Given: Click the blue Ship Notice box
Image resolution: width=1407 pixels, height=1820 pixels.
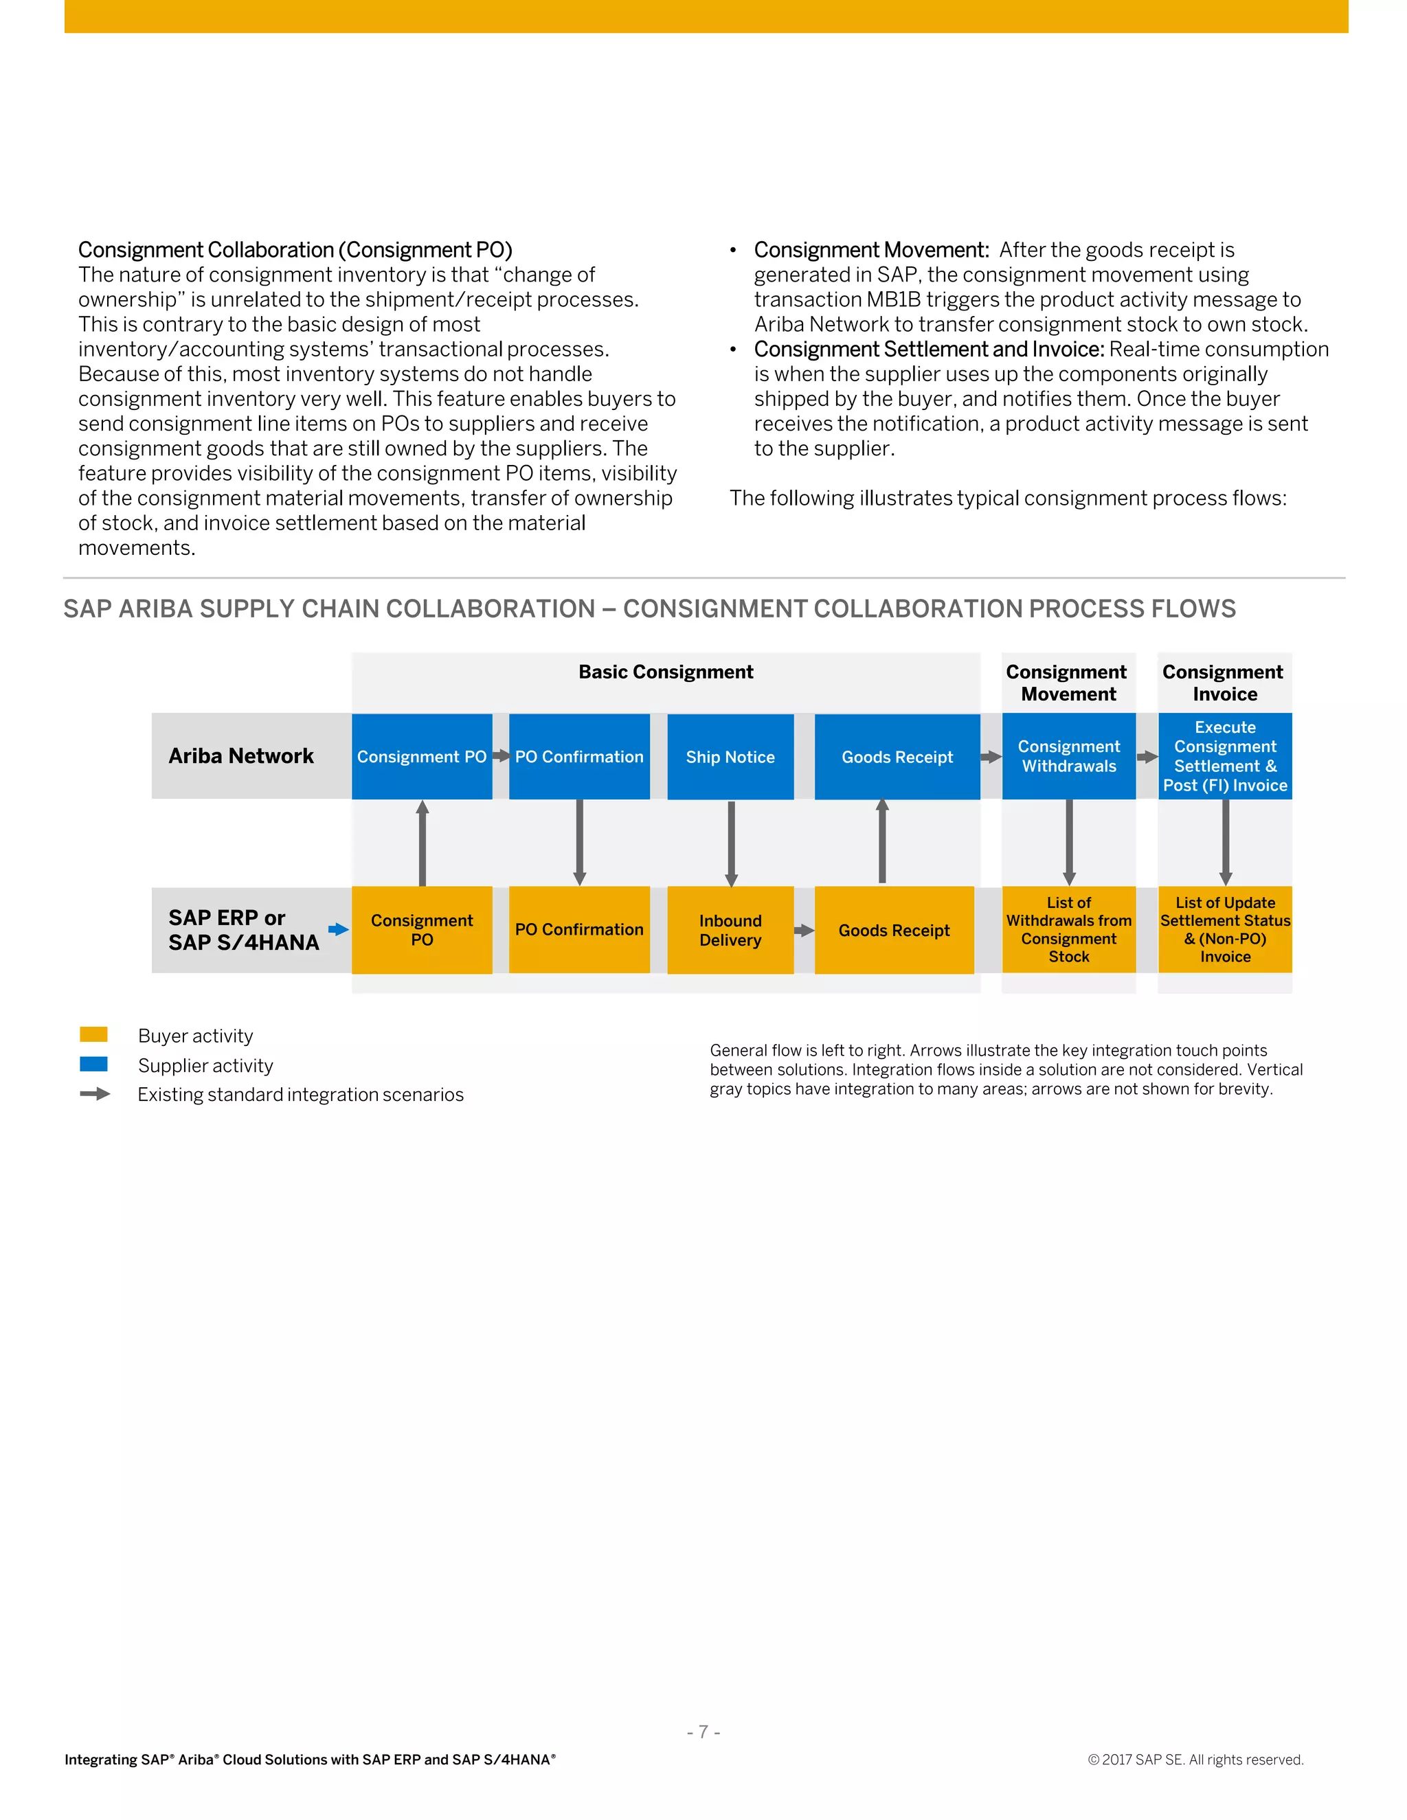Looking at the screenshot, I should coord(730,757).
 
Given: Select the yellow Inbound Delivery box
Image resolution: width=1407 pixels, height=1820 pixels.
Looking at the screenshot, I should coord(730,930).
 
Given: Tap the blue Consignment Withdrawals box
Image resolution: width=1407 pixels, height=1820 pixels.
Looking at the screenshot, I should coord(1068,756).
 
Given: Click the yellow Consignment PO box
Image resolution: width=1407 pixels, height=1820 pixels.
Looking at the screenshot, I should coord(422,930).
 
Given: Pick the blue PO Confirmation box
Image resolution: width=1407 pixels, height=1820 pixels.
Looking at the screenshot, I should coord(579,757).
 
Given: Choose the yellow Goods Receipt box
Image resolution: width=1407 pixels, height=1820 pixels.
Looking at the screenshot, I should coord(894,930).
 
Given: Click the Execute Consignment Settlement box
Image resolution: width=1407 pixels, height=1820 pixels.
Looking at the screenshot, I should coord(1224,756).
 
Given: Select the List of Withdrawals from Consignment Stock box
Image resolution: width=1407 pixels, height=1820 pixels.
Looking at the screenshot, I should coord(1068,930).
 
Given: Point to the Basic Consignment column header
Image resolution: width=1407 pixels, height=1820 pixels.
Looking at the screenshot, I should coord(665,672).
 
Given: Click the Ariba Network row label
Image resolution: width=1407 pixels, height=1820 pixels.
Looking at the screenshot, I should coord(241,756).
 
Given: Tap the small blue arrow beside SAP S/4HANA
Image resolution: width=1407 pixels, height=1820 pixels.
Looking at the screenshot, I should coord(337,929).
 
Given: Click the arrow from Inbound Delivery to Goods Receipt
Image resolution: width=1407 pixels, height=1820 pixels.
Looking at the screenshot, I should coord(804,931).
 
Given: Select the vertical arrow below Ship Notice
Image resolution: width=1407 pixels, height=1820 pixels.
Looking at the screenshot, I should coord(731,843).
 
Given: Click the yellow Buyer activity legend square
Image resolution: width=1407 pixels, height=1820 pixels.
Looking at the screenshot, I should coord(93,1034).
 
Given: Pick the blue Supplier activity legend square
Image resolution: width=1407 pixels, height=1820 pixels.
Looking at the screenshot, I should coord(93,1064).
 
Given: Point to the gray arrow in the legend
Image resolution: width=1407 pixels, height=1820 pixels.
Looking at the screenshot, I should coord(95,1094).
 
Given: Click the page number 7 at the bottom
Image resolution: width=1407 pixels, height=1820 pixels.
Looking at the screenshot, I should coord(703,1731).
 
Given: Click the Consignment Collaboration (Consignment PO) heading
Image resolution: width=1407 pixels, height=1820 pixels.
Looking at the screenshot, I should coord(295,250).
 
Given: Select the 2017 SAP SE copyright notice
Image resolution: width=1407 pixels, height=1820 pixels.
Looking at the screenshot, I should coord(1195,1759).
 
